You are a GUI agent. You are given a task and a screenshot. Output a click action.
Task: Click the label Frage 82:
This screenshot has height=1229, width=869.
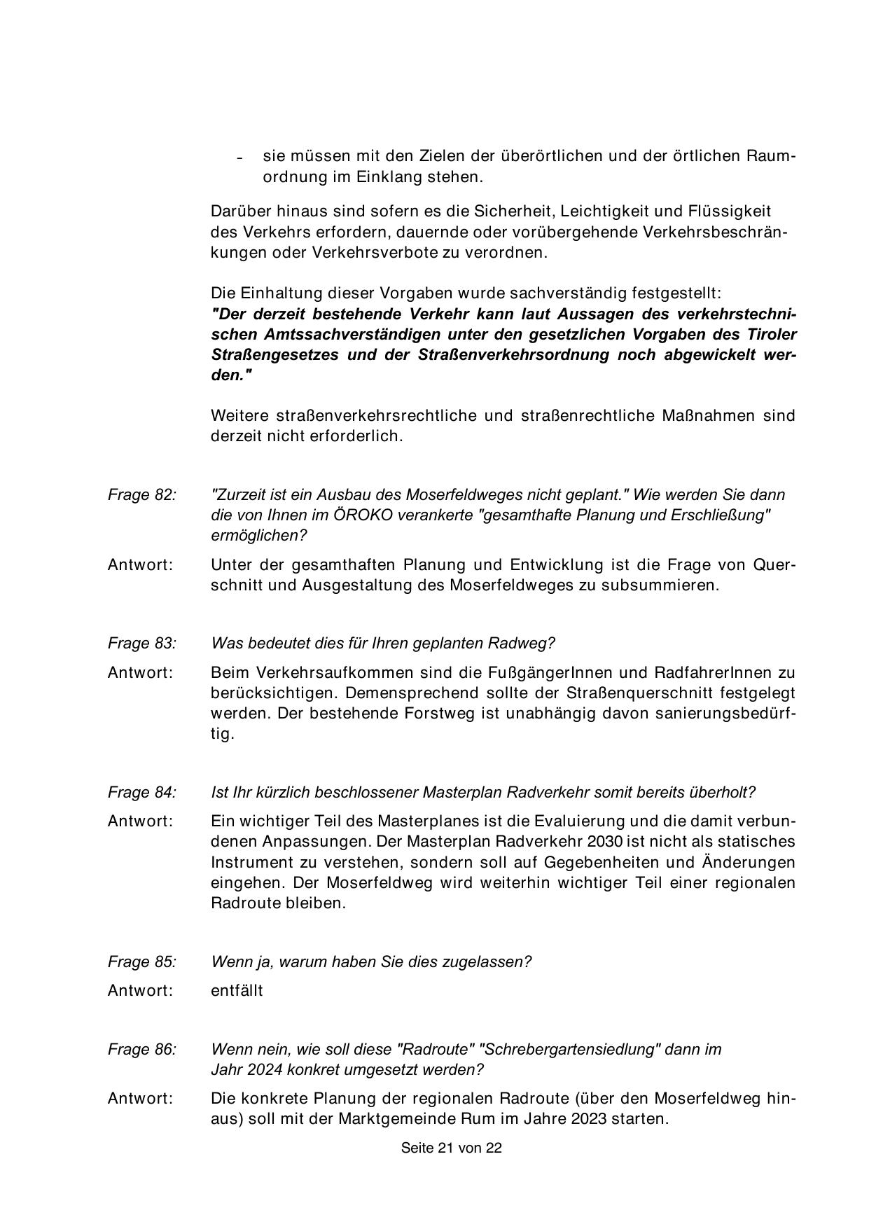[141, 494]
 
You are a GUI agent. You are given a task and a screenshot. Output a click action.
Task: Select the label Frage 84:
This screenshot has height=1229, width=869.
[141, 792]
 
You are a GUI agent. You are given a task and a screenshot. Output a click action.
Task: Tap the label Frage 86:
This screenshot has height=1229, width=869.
[141, 1049]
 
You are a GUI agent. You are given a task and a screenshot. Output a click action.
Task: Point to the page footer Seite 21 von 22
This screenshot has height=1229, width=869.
[451, 1148]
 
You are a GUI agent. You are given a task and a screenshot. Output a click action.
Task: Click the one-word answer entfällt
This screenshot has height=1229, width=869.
[237, 990]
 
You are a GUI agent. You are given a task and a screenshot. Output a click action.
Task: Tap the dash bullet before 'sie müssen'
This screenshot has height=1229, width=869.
[239, 157]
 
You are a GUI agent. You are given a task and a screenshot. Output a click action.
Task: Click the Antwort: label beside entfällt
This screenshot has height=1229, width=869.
[140, 990]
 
